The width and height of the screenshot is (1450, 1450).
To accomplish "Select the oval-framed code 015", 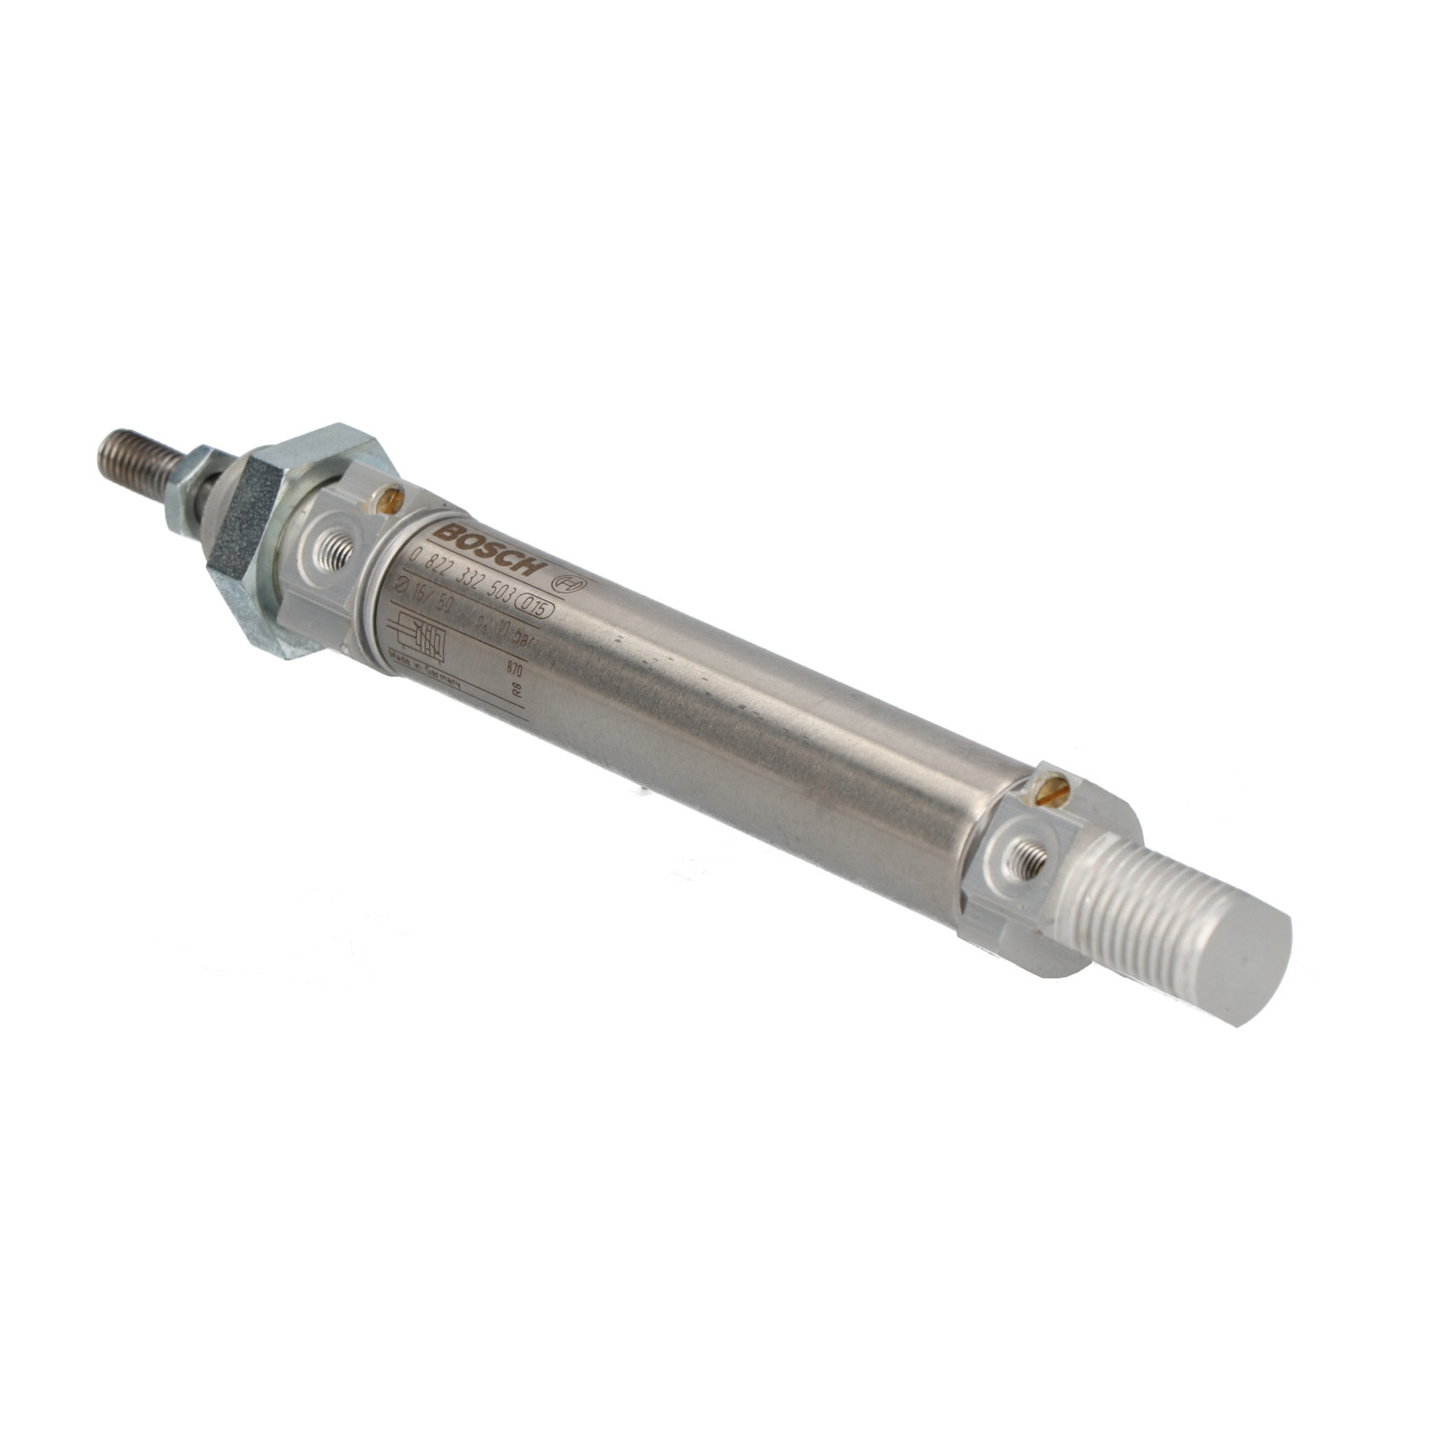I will click(x=535, y=606).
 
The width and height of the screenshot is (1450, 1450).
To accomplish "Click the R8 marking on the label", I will click(x=516, y=690).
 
